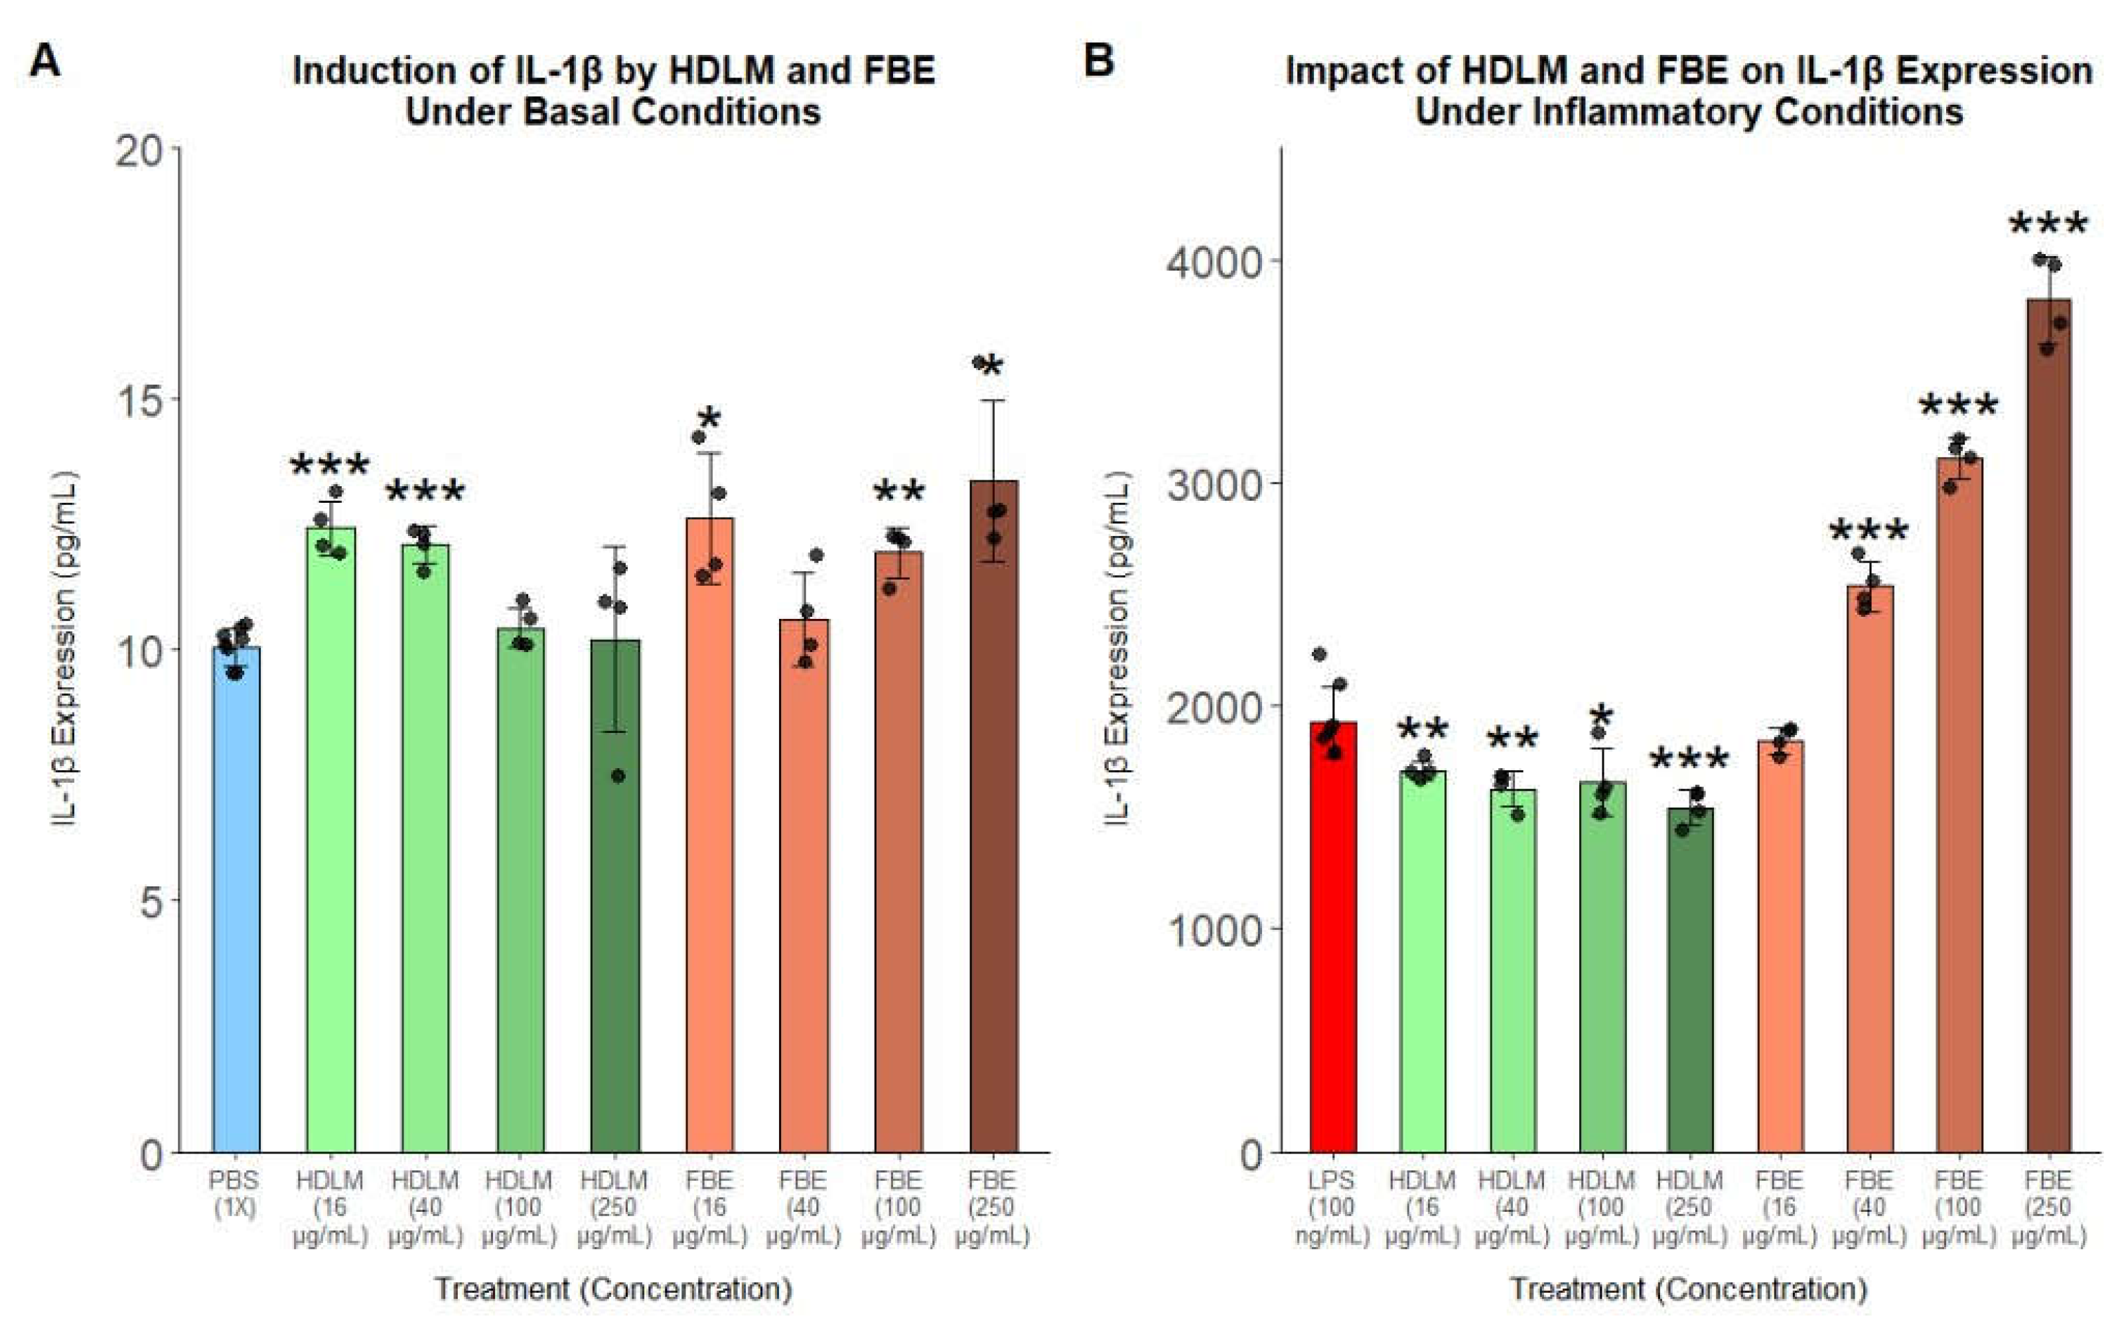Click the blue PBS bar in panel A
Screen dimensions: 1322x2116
click(236, 901)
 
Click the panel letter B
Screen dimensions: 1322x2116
click(1098, 61)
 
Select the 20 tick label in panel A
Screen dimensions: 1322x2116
click(140, 151)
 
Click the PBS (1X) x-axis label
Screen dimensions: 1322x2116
click(234, 1195)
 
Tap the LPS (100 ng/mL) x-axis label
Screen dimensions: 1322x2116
click(1331, 1207)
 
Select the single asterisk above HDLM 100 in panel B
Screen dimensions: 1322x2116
click(1602, 717)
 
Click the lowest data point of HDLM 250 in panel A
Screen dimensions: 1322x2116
click(617, 775)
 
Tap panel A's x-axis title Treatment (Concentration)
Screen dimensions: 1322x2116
click(614, 1289)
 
